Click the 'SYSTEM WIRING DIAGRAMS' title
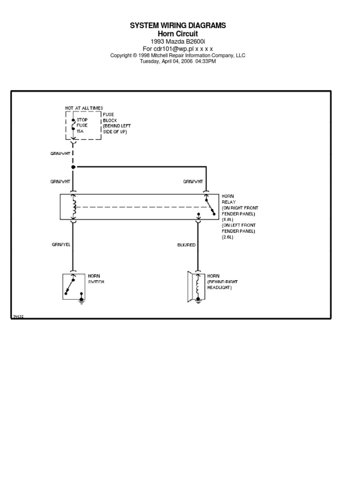point(178,25)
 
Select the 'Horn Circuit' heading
point(178,34)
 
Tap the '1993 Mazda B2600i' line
point(178,41)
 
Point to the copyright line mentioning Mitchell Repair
point(178,55)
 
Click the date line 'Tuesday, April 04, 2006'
point(178,61)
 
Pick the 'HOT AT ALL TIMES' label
point(84,108)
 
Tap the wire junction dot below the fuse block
point(73,167)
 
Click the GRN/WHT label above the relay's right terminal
point(193,182)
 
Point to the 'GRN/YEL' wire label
point(61,244)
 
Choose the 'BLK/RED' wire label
point(186,244)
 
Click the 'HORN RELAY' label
point(228,199)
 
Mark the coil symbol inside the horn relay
point(73,207)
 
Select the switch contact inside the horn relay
point(209,206)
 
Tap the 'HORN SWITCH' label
point(96,279)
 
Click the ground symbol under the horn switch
point(82,301)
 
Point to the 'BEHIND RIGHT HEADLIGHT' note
point(222,285)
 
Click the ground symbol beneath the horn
point(198,301)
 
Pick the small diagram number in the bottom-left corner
point(18,316)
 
